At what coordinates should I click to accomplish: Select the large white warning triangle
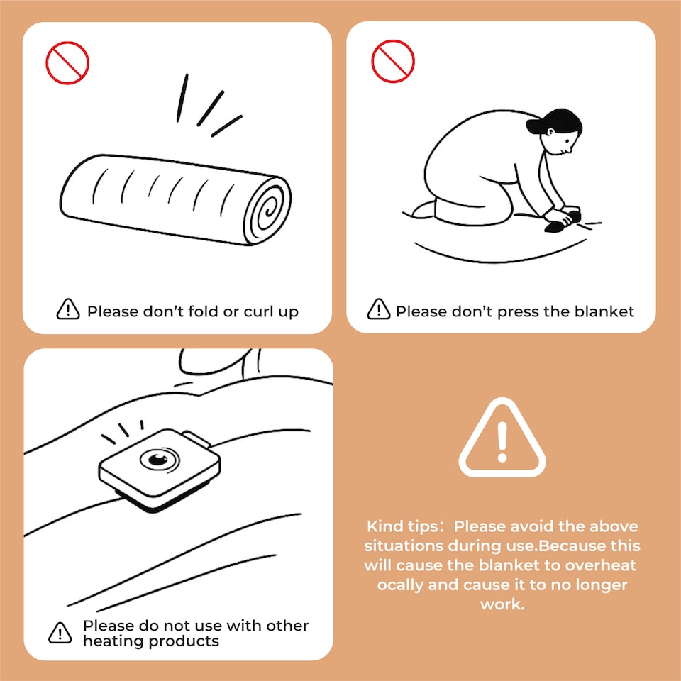(502, 438)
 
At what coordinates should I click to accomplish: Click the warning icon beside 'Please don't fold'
(68, 309)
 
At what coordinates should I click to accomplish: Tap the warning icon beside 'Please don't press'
(378, 309)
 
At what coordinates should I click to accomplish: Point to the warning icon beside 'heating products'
(60, 632)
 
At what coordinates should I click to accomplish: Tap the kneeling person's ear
(550, 131)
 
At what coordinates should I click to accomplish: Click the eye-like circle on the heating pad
(159, 459)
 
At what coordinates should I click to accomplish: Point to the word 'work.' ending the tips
(502, 604)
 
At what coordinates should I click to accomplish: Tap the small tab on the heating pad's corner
(196, 438)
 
